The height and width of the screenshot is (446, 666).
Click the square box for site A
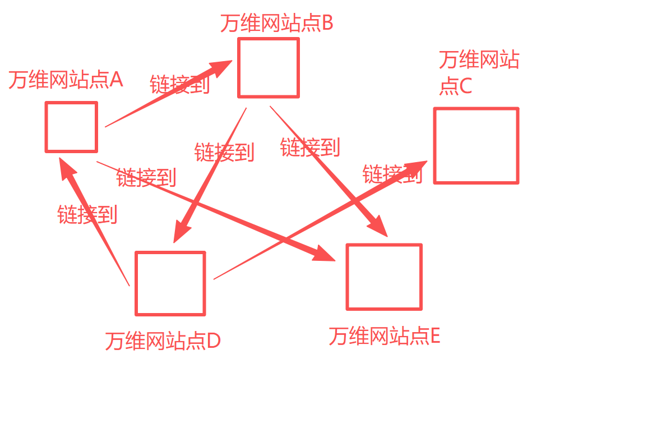pyautogui.click(x=71, y=127)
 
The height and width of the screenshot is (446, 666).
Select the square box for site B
pyautogui.click(x=269, y=67)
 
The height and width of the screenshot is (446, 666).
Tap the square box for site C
pyautogui.click(x=476, y=145)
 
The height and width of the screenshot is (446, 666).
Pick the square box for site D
pyautogui.click(x=170, y=283)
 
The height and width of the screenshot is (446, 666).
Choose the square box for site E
pyautogui.click(x=384, y=277)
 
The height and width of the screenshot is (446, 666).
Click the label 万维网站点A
pyautogui.click(x=66, y=80)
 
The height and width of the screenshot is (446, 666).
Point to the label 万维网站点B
pyautogui.click(x=276, y=24)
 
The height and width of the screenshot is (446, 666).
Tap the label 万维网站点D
pyautogui.click(x=163, y=341)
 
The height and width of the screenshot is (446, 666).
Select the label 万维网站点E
pyautogui.click(x=384, y=336)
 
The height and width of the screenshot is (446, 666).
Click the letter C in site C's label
pyautogui.click(x=465, y=86)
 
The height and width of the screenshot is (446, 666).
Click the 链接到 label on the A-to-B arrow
pyautogui.click(x=179, y=85)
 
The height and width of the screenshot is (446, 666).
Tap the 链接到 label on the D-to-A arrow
pyautogui.click(x=87, y=214)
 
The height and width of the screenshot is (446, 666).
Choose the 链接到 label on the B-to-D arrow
pyautogui.click(x=224, y=153)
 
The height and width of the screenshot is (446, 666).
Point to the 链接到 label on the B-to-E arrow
pyautogui.click(x=310, y=148)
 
